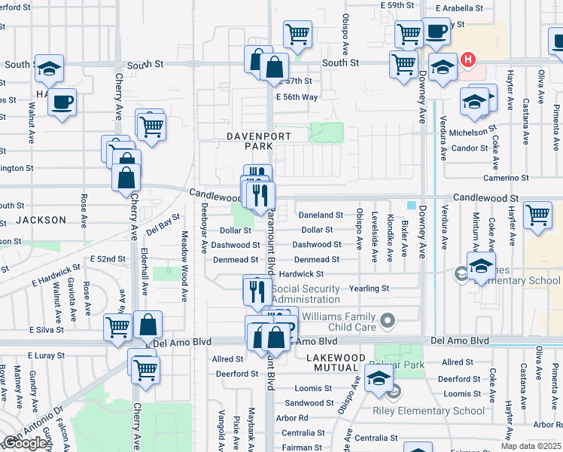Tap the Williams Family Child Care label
tap(334, 322)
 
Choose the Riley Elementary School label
tap(429, 411)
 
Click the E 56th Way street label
tap(297, 97)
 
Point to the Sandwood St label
tap(304, 403)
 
